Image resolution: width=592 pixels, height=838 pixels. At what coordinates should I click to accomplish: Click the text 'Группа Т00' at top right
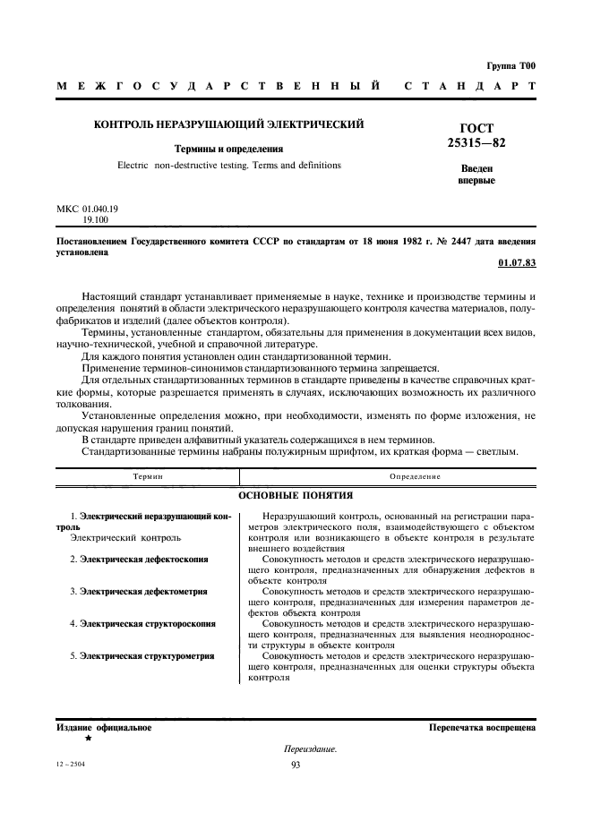[x=510, y=66]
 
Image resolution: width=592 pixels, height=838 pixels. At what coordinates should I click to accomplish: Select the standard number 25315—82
[x=476, y=142]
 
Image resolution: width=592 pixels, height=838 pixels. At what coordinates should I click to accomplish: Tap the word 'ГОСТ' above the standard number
[x=476, y=128]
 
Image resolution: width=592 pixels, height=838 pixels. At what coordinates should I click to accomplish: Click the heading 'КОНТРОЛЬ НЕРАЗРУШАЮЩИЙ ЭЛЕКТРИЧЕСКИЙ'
[x=228, y=124]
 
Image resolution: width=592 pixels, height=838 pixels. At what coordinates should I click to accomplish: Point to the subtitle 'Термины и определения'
[x=228, y=149]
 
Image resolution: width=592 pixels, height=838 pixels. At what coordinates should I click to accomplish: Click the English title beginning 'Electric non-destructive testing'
[x=228, y=166]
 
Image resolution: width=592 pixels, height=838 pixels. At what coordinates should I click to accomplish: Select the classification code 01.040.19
[x=93, y=208]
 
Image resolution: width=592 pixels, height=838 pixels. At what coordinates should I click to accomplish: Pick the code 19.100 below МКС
[x=93, y=218]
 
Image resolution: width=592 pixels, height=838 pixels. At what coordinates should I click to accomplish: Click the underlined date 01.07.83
[x=516, y=263]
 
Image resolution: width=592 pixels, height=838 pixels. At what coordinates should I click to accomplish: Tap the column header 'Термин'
[x=147, y=476]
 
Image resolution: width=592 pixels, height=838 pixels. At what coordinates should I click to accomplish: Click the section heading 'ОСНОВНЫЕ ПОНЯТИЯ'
[x=296, y=494]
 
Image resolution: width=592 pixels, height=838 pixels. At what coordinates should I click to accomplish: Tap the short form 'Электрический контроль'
[x=125, y=538]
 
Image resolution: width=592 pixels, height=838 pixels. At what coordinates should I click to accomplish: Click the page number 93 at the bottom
[x=296, y=764]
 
